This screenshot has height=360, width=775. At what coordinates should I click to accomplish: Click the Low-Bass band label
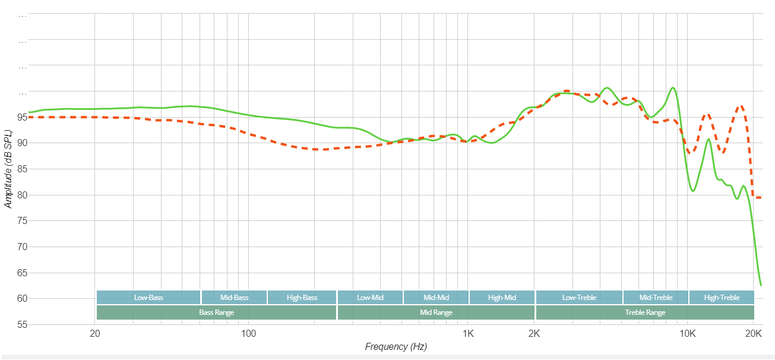point(148,297)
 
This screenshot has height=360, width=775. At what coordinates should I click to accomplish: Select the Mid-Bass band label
point(234,297)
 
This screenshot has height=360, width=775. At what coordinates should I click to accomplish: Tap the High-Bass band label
point(302,297)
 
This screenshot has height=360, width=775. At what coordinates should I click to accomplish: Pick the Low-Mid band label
point(369,297)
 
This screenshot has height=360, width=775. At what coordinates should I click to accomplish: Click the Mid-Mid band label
point(436,297)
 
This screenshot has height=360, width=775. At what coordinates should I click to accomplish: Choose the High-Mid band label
point(502,297)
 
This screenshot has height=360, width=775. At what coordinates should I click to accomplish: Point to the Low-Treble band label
point(579,297)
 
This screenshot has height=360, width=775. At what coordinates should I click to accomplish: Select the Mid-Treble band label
point(656,297)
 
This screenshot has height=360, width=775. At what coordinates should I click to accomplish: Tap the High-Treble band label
point(722,297)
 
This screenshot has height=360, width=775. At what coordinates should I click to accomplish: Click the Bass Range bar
point(216,312)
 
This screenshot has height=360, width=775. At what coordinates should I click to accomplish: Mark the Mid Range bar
point(436,312)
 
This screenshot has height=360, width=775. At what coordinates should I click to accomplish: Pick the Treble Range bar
point(645,312)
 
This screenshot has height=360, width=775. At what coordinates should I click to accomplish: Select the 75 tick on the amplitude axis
point(22,221)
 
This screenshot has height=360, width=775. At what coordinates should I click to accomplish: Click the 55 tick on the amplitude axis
point(22,325)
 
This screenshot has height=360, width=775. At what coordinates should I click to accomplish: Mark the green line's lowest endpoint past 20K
point(761,285)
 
